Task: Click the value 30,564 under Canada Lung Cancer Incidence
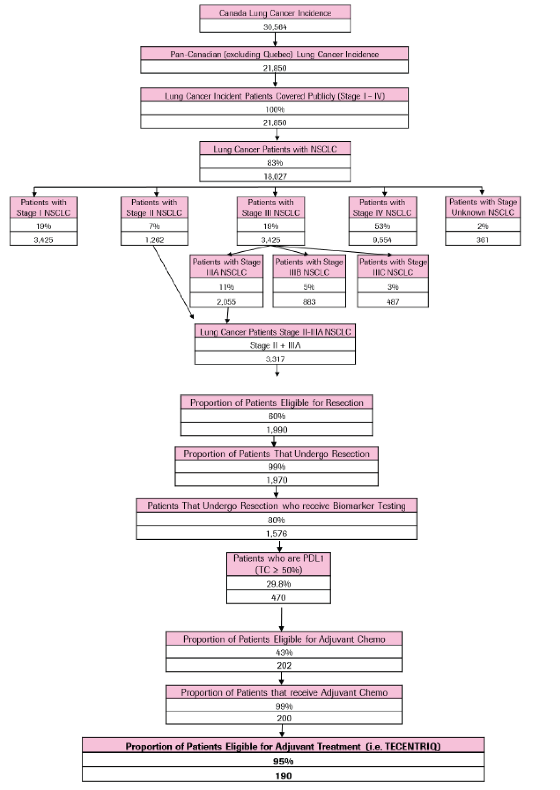point(275,27)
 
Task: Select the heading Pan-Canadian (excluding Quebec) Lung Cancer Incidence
point(274,54)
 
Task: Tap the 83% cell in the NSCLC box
point(275,162)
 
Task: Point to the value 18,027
point(275,176)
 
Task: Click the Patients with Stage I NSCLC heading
point(43,207)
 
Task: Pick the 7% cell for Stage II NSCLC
point(154,226)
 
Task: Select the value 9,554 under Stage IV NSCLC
point(382,240)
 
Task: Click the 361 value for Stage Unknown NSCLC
point(482,240)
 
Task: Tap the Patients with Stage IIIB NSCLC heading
point(309,267)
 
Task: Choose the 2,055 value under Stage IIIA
point(226,302)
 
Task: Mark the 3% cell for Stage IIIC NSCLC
point(393,287)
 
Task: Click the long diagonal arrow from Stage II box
point(173,281)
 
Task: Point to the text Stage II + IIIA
point(275,345)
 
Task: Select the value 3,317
point(275,359)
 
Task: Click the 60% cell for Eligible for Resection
point(276,416)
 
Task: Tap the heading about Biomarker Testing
point(276,506)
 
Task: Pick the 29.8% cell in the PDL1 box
point(278,584)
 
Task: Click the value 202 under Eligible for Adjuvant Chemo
point(284,666)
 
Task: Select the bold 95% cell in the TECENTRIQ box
point(283,761)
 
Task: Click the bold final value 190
point(283,775)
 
